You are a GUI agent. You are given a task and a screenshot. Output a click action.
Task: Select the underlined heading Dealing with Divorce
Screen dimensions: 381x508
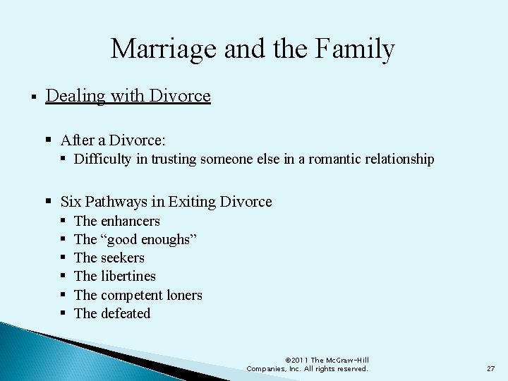[128, 95]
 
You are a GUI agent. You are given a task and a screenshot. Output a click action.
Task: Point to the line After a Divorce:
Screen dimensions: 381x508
[114, 140]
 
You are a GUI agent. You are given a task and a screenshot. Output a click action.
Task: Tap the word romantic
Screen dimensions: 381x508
[330, 159]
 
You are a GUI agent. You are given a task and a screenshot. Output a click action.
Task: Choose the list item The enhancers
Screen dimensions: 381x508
[116, 221]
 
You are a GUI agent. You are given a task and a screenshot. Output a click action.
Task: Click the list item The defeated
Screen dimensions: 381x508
[112, 313]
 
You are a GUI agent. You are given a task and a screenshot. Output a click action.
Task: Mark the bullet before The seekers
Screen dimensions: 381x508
[63, 258]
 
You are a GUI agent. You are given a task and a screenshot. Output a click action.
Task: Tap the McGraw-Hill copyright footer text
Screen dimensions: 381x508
[307, 364]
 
